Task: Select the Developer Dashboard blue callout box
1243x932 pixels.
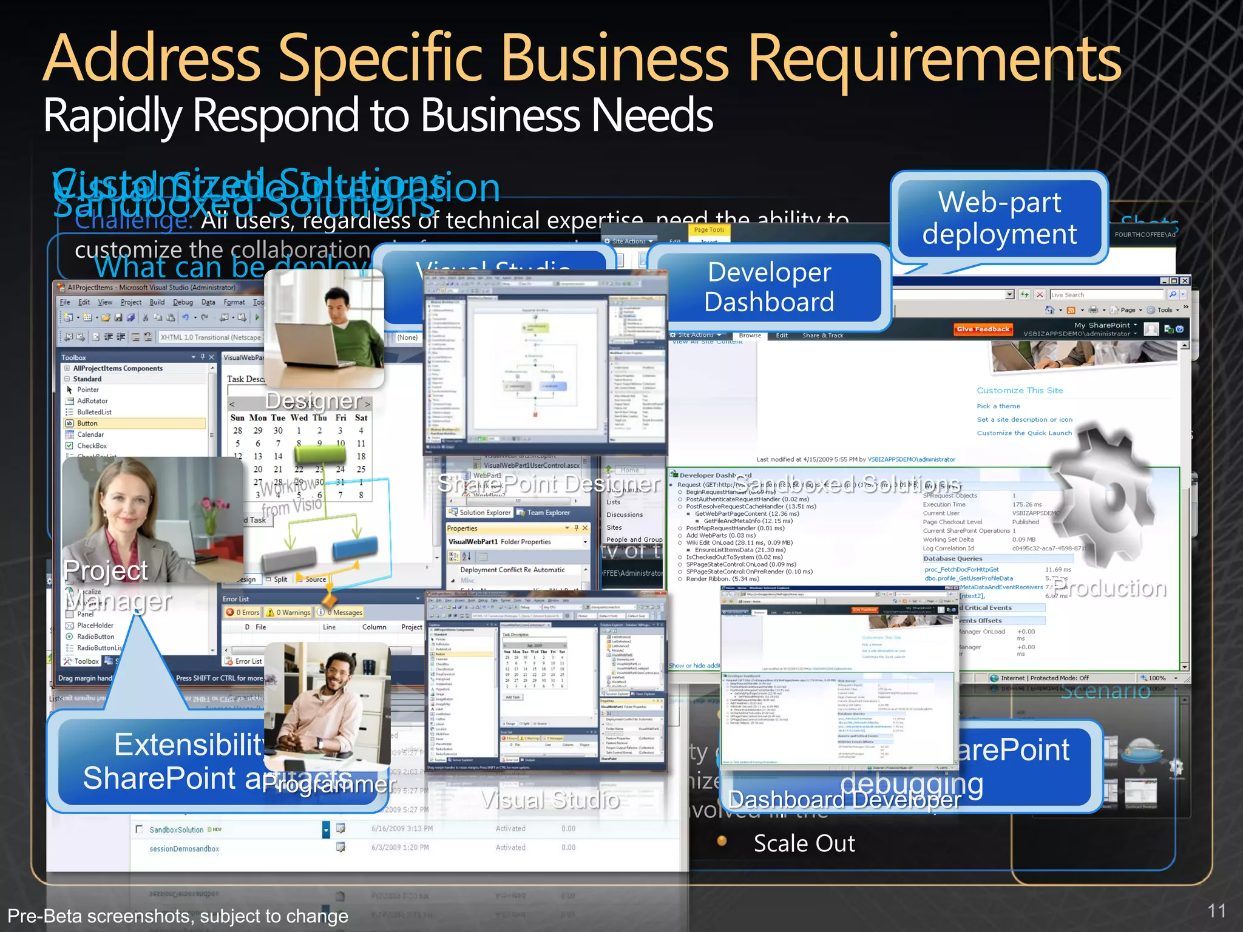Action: click(x=769, y=287)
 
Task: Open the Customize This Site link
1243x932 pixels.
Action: click(x=1020, y=391)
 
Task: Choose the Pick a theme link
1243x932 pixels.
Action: click(x=998, y=407)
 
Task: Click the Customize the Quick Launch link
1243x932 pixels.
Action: click(x=1024, y=433)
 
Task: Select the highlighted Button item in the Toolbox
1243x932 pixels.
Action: click(x=87, y=424)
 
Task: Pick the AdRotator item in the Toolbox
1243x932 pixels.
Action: click(x=92, y=401)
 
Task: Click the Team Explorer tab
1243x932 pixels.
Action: click(x=548, y=513)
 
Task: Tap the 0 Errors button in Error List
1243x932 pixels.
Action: click(x=243, y=612)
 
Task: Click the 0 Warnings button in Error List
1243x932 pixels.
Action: click(x=290, y=612)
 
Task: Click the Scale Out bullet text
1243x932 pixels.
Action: click(x=804, y=843)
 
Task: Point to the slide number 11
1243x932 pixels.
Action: click(x=1216, y=911)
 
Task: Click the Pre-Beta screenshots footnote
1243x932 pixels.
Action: click(x=178, y=916)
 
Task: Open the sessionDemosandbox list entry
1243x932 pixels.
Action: click(x=185, y=849)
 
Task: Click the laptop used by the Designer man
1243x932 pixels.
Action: click(x=303, y=352)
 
